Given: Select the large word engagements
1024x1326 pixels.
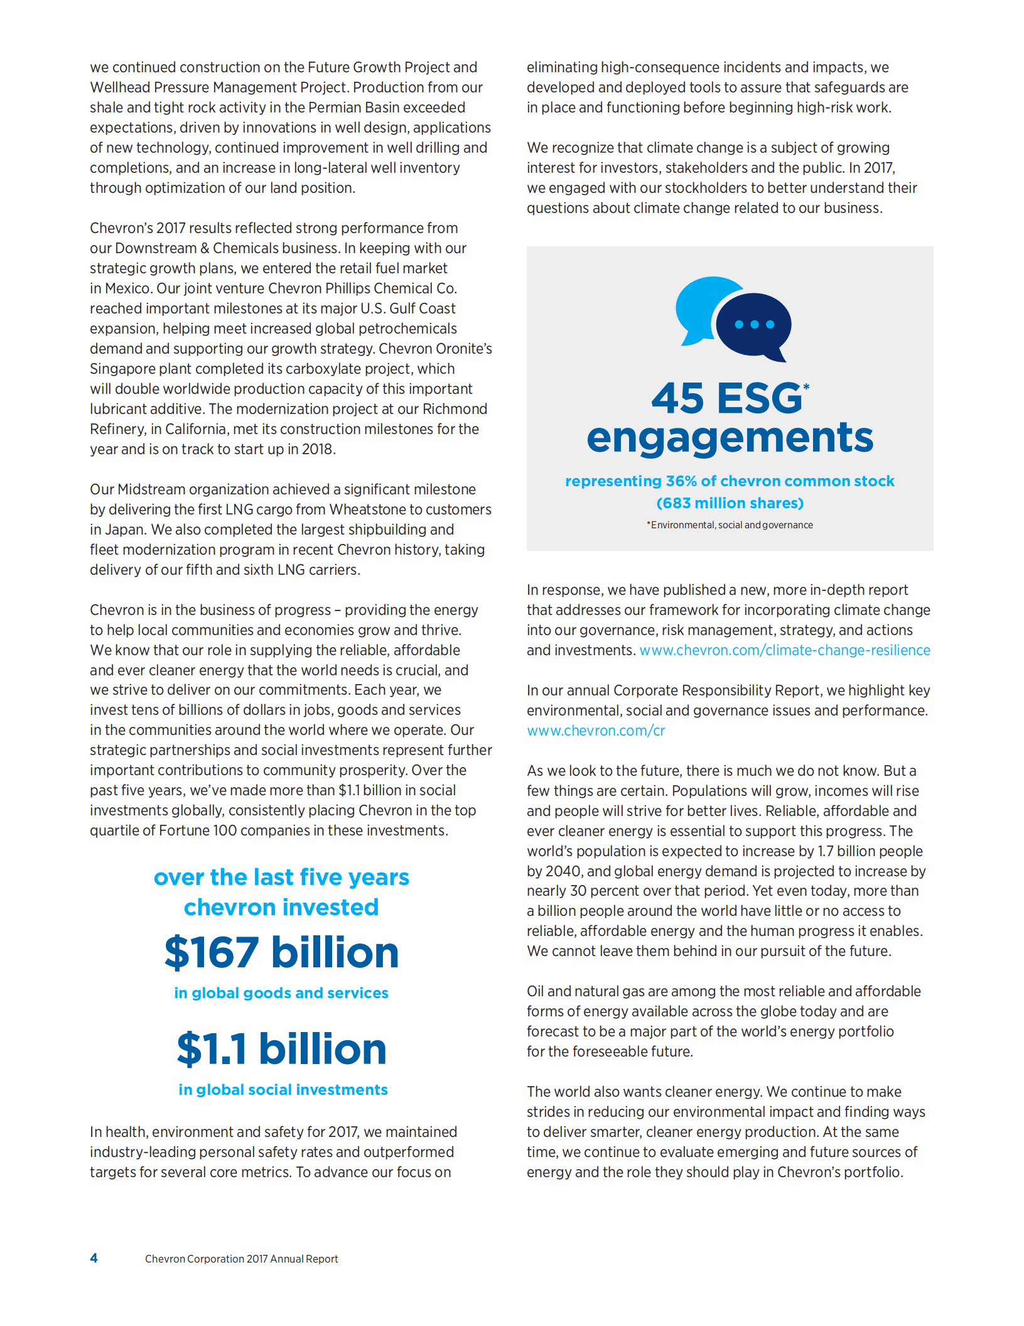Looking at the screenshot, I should tap(730, 438).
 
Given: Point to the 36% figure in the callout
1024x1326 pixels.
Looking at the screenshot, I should tap(681, 481).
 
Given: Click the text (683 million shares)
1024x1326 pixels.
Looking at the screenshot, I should tap(730, 503).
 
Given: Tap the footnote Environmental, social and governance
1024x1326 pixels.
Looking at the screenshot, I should tap(731, 525).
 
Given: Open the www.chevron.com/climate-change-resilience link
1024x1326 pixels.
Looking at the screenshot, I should tap(785, 650).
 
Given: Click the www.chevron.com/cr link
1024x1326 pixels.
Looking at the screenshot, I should tap(596, 731).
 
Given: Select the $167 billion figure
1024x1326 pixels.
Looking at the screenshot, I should tap(281, 952).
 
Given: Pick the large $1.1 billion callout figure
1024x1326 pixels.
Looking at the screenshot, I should tap(281, 1049).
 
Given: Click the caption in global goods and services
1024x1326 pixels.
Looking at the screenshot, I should tap(281, 993).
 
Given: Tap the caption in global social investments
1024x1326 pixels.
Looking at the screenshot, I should tap(283, 1090).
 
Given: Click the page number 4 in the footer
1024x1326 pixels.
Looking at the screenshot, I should tap(94, 1258).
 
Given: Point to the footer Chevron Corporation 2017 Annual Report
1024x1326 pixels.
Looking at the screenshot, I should tap(241, 1259).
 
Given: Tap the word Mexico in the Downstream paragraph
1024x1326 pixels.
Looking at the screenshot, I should tap(127, 288).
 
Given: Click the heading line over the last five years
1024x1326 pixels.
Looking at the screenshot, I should tap(281, 877).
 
